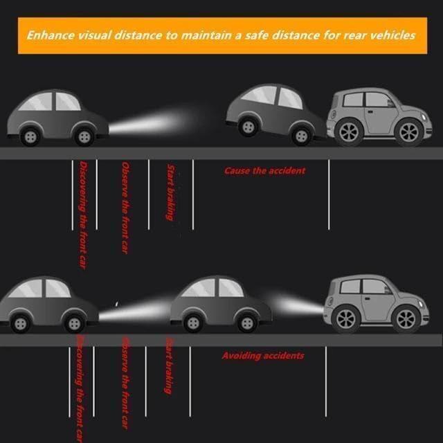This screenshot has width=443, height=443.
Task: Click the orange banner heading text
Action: (221, 35)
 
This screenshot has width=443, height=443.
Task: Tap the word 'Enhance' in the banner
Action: (51, 35)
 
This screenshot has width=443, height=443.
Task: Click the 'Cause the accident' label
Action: (264, 170)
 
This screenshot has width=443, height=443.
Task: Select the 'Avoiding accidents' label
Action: (263, 356)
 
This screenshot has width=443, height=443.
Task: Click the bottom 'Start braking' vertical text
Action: (168, 365)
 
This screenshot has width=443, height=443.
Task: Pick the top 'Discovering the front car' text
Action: (82, 215)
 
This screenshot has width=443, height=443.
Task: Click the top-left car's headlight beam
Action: (149, 125)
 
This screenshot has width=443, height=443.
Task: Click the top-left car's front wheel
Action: (84, 136)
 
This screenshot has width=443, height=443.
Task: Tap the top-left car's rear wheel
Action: (29, 136)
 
